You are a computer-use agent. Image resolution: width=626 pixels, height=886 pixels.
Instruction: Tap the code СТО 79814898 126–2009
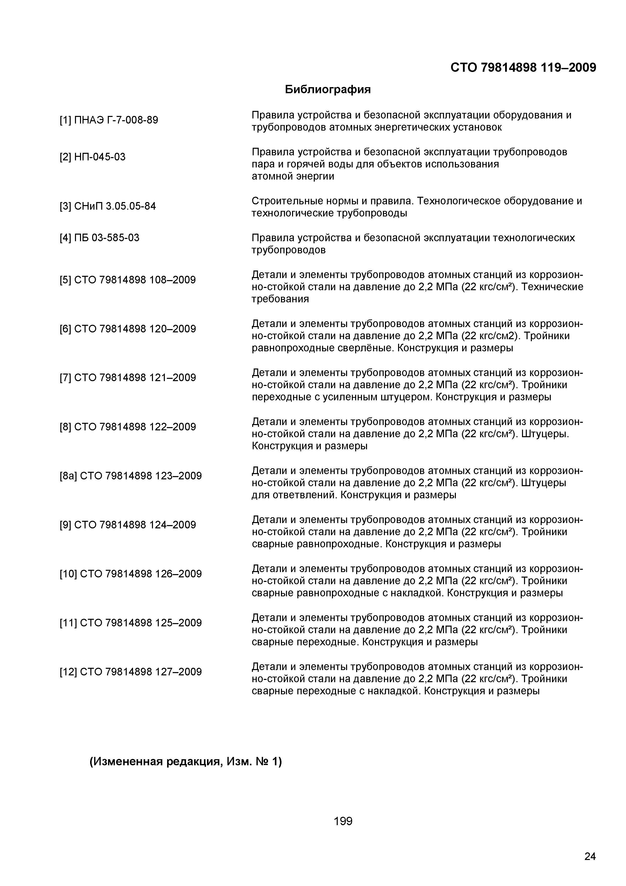pyautogui.click(x=138, y=574)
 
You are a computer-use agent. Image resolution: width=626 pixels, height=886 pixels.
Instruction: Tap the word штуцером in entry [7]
pyautogui.click(x=402, y=397)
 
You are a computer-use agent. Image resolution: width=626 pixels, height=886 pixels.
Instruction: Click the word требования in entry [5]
pyautogui.click(x=280, y=299)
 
